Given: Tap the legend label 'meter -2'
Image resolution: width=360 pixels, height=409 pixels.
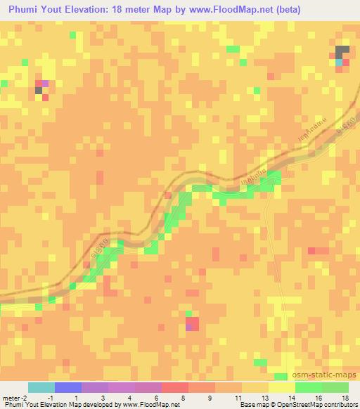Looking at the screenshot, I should (x=14, y=398).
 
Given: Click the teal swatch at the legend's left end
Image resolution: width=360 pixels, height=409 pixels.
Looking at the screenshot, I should (x=41, y=388).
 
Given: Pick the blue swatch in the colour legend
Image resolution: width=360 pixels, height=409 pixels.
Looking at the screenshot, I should (x=68, y=388).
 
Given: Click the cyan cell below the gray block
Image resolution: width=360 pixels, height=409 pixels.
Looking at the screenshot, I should (x=339, y=63).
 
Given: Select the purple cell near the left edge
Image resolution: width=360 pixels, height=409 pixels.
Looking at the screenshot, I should (x=45, y=84).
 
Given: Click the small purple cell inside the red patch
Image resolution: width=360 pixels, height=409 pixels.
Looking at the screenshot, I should (x=188, y=327).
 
